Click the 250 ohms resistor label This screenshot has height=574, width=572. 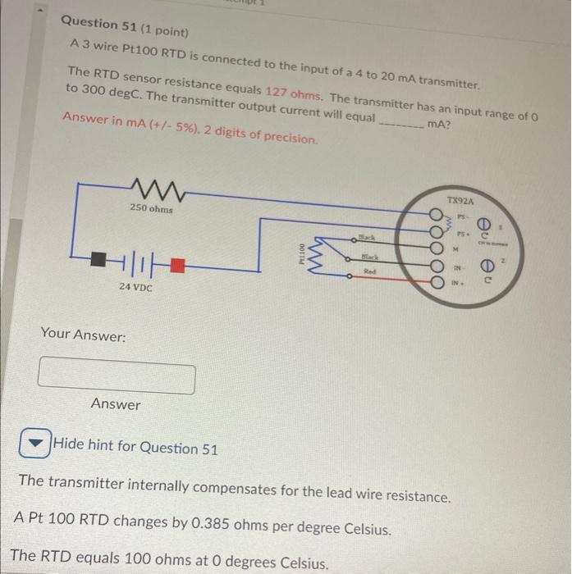click(x=150, y=209)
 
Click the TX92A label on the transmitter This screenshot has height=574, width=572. click(x=461, y=200)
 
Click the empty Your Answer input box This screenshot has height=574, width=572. click(x=117, y=376)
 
